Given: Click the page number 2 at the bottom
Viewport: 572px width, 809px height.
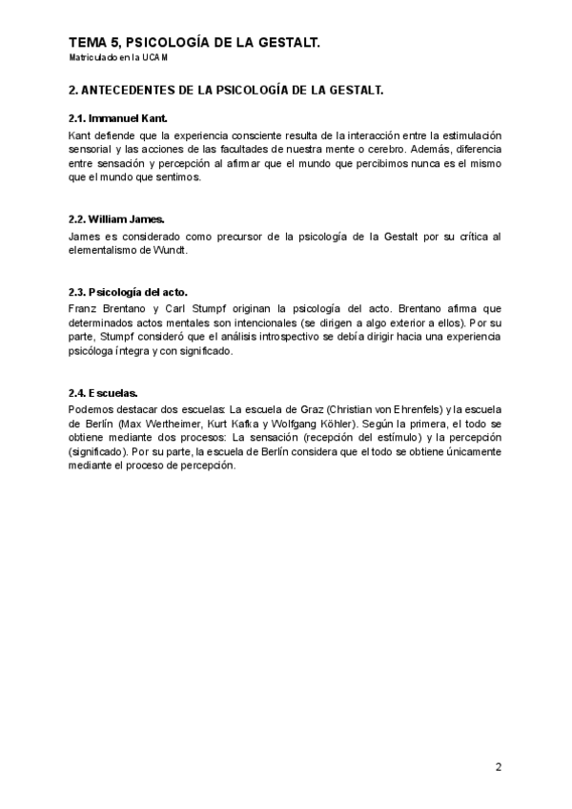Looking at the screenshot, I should tap(498, 766).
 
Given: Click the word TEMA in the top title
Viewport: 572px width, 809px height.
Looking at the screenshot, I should tap(88, 43).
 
